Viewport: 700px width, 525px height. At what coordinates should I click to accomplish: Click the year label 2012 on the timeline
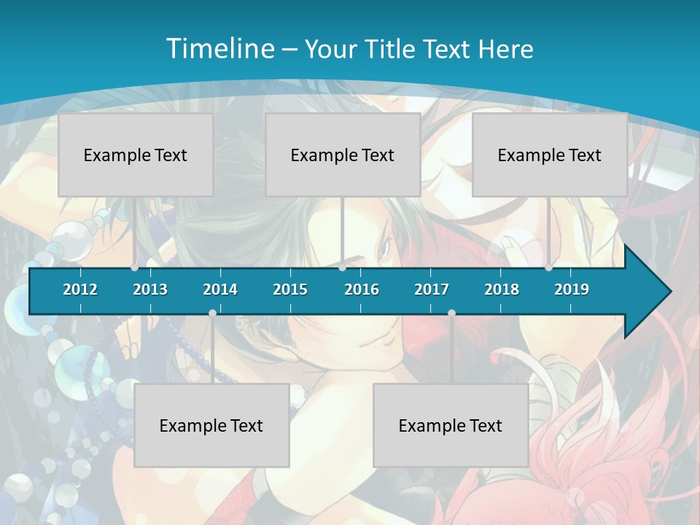tap(80, 289)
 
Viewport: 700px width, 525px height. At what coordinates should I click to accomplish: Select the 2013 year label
tap(150, 289)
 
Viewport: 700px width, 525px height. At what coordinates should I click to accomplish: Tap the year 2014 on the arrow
tap(220, 289)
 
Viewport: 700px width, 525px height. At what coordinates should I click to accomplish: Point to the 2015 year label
tap(290, 289)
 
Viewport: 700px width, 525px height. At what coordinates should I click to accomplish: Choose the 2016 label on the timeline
tap(362, 289)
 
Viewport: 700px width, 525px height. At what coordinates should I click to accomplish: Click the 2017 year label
tap(432, 289)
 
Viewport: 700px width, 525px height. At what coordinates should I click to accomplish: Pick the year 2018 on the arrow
tap(502, 289)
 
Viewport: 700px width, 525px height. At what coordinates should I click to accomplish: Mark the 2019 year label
tap(572, 289)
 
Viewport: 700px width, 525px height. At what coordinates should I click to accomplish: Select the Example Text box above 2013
tap(136, 155)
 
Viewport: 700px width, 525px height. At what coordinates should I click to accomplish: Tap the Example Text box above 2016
tap(343, 155)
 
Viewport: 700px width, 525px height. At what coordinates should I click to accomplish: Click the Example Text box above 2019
tap(550, 155)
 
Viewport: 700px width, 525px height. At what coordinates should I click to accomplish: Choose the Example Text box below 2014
tap(211, 425)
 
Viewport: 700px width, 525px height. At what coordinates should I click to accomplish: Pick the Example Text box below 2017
tap(451, 425)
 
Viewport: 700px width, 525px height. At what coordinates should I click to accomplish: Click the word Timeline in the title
tap(219, 49)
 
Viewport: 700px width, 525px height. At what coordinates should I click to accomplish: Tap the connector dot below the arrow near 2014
tap(212, 313)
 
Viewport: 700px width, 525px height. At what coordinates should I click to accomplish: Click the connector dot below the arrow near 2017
tap(451, 313)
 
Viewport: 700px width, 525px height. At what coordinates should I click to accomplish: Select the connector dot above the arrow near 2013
tap(135, 268)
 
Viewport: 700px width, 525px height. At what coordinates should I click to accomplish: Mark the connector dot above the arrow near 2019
tap(549, 268)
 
